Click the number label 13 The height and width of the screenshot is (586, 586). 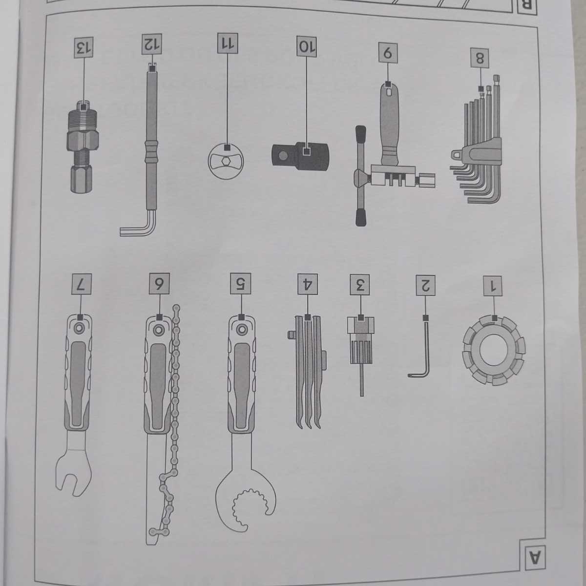84,46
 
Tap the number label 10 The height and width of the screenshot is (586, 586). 307,46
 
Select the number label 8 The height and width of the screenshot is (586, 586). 480,58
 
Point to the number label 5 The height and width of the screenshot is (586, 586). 241,284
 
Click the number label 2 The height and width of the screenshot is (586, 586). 426,285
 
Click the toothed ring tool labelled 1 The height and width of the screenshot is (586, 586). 494,350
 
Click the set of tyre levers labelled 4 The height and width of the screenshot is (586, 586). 308,372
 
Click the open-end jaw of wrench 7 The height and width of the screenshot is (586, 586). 73,468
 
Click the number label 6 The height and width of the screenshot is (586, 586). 159,284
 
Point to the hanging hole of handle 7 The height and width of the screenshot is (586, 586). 80,329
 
